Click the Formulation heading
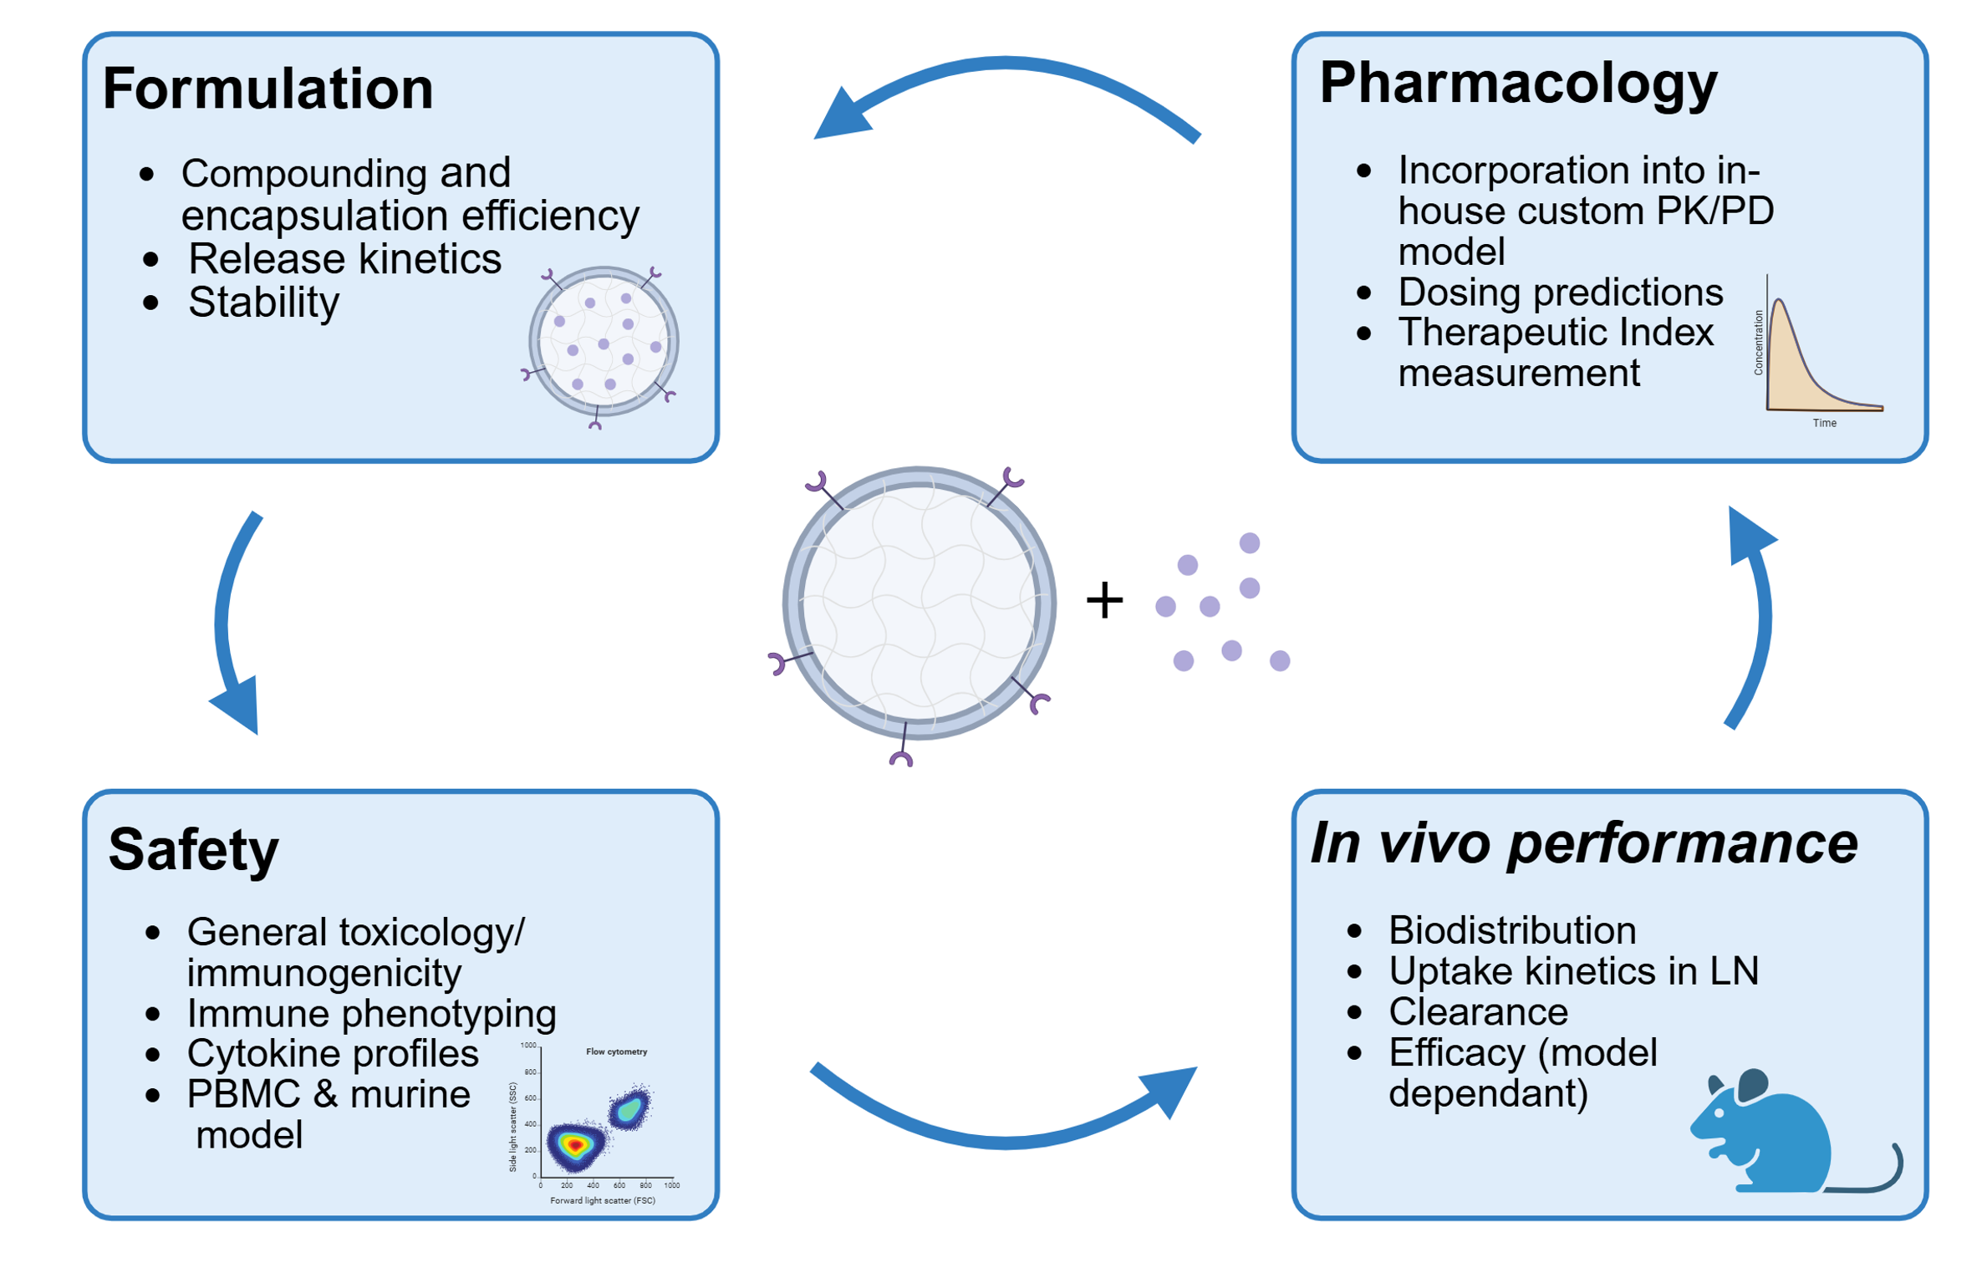coord(267,89)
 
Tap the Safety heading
coord(193,849)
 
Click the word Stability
coord(263,302)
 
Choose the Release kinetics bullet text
coord(344,258)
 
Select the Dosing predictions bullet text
coord(1560,292)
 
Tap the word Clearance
coord(1477,1011)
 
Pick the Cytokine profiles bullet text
coord(333,1053)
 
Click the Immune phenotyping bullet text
coord(371,1013)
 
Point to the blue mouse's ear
coord(1754,1085)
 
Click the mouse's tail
coord(1872,1179)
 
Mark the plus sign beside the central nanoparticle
coord(1103,600)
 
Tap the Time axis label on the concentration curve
coord(1823,423)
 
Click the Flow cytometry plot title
coord(616,1051)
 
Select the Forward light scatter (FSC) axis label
coord(602,1200)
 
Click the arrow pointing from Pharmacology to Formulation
coord(1003,75)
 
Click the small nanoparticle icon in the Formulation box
coord(603,343)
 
